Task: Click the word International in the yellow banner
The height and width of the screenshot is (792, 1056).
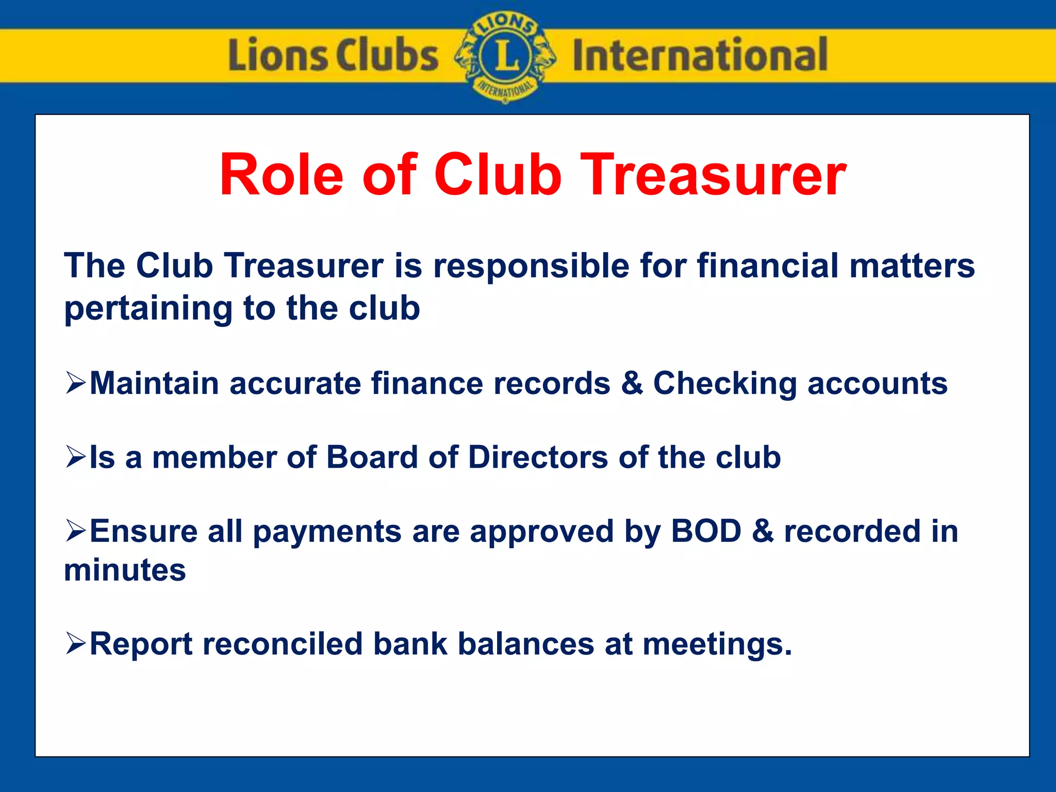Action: pos(700,55)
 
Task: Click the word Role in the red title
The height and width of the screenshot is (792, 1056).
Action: pos(282,175)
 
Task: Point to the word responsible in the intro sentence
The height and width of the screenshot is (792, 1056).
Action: pos(531,266)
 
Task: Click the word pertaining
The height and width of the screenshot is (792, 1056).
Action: pos(148,309)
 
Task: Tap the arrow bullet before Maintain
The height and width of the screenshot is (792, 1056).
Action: pos(75,383)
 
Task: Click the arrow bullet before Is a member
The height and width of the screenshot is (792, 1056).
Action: pos(75,457)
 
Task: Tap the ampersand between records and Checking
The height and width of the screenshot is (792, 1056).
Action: pos(632,384)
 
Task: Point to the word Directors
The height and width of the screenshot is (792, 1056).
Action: pos(538,457)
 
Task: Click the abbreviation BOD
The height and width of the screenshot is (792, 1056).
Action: pos(706,531)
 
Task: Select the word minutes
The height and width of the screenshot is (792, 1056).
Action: pos(125,570)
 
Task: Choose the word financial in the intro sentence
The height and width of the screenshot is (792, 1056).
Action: pos(768,266)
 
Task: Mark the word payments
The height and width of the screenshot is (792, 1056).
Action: pos(327,532)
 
